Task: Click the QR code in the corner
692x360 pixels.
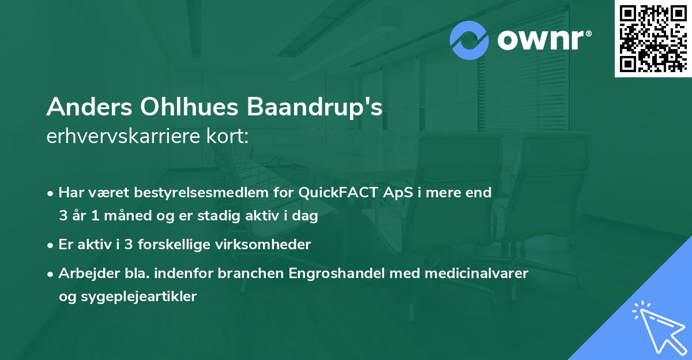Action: tap(653, 38)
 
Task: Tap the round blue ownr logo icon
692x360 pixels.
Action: tap(469, 41)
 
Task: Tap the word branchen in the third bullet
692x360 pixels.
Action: tap(245, 273)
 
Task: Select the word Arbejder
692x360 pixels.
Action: tap(83, 273)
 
